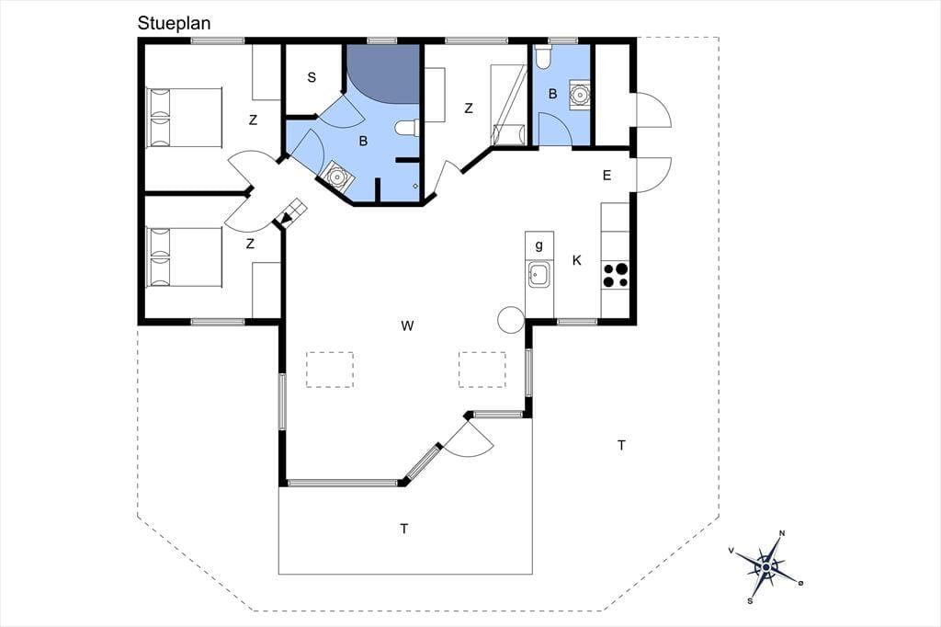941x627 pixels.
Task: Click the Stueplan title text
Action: tap(174, 23)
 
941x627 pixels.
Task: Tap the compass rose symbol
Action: tap(766, 567)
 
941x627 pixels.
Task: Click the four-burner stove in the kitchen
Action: tap(615, 275)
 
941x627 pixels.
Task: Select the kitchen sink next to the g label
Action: tap(539, 275)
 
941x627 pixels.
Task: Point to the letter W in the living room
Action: tap(407, 326)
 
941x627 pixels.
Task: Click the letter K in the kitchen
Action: tap(577, 260)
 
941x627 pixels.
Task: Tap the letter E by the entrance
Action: tap(607, 176)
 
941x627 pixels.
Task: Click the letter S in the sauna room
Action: tap(312, 77)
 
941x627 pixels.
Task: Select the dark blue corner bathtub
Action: tap(383, 74)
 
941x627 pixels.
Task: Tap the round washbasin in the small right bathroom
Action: tap(580, 94)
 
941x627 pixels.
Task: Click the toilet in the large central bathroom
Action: tap(407, 127)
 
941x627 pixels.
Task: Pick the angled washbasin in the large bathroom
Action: tap(335, 177)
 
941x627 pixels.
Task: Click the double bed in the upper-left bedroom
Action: tap(184, 117)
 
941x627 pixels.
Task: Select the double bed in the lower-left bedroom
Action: tap(184, 256)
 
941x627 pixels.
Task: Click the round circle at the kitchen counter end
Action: tap(511, 320)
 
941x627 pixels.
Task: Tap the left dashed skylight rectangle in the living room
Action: tap(330, 370)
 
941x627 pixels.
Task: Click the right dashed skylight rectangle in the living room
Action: tap(482, 370)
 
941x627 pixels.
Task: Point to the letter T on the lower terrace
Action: tap(404, 529)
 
